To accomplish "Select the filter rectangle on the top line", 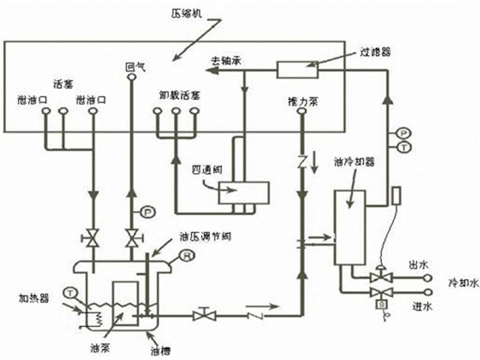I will click(x=297, y=69).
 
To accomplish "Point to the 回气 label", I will click(x=132, y=67).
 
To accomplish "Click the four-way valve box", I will click(x=244, y=193).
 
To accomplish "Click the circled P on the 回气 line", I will click(x=146, y=210).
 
